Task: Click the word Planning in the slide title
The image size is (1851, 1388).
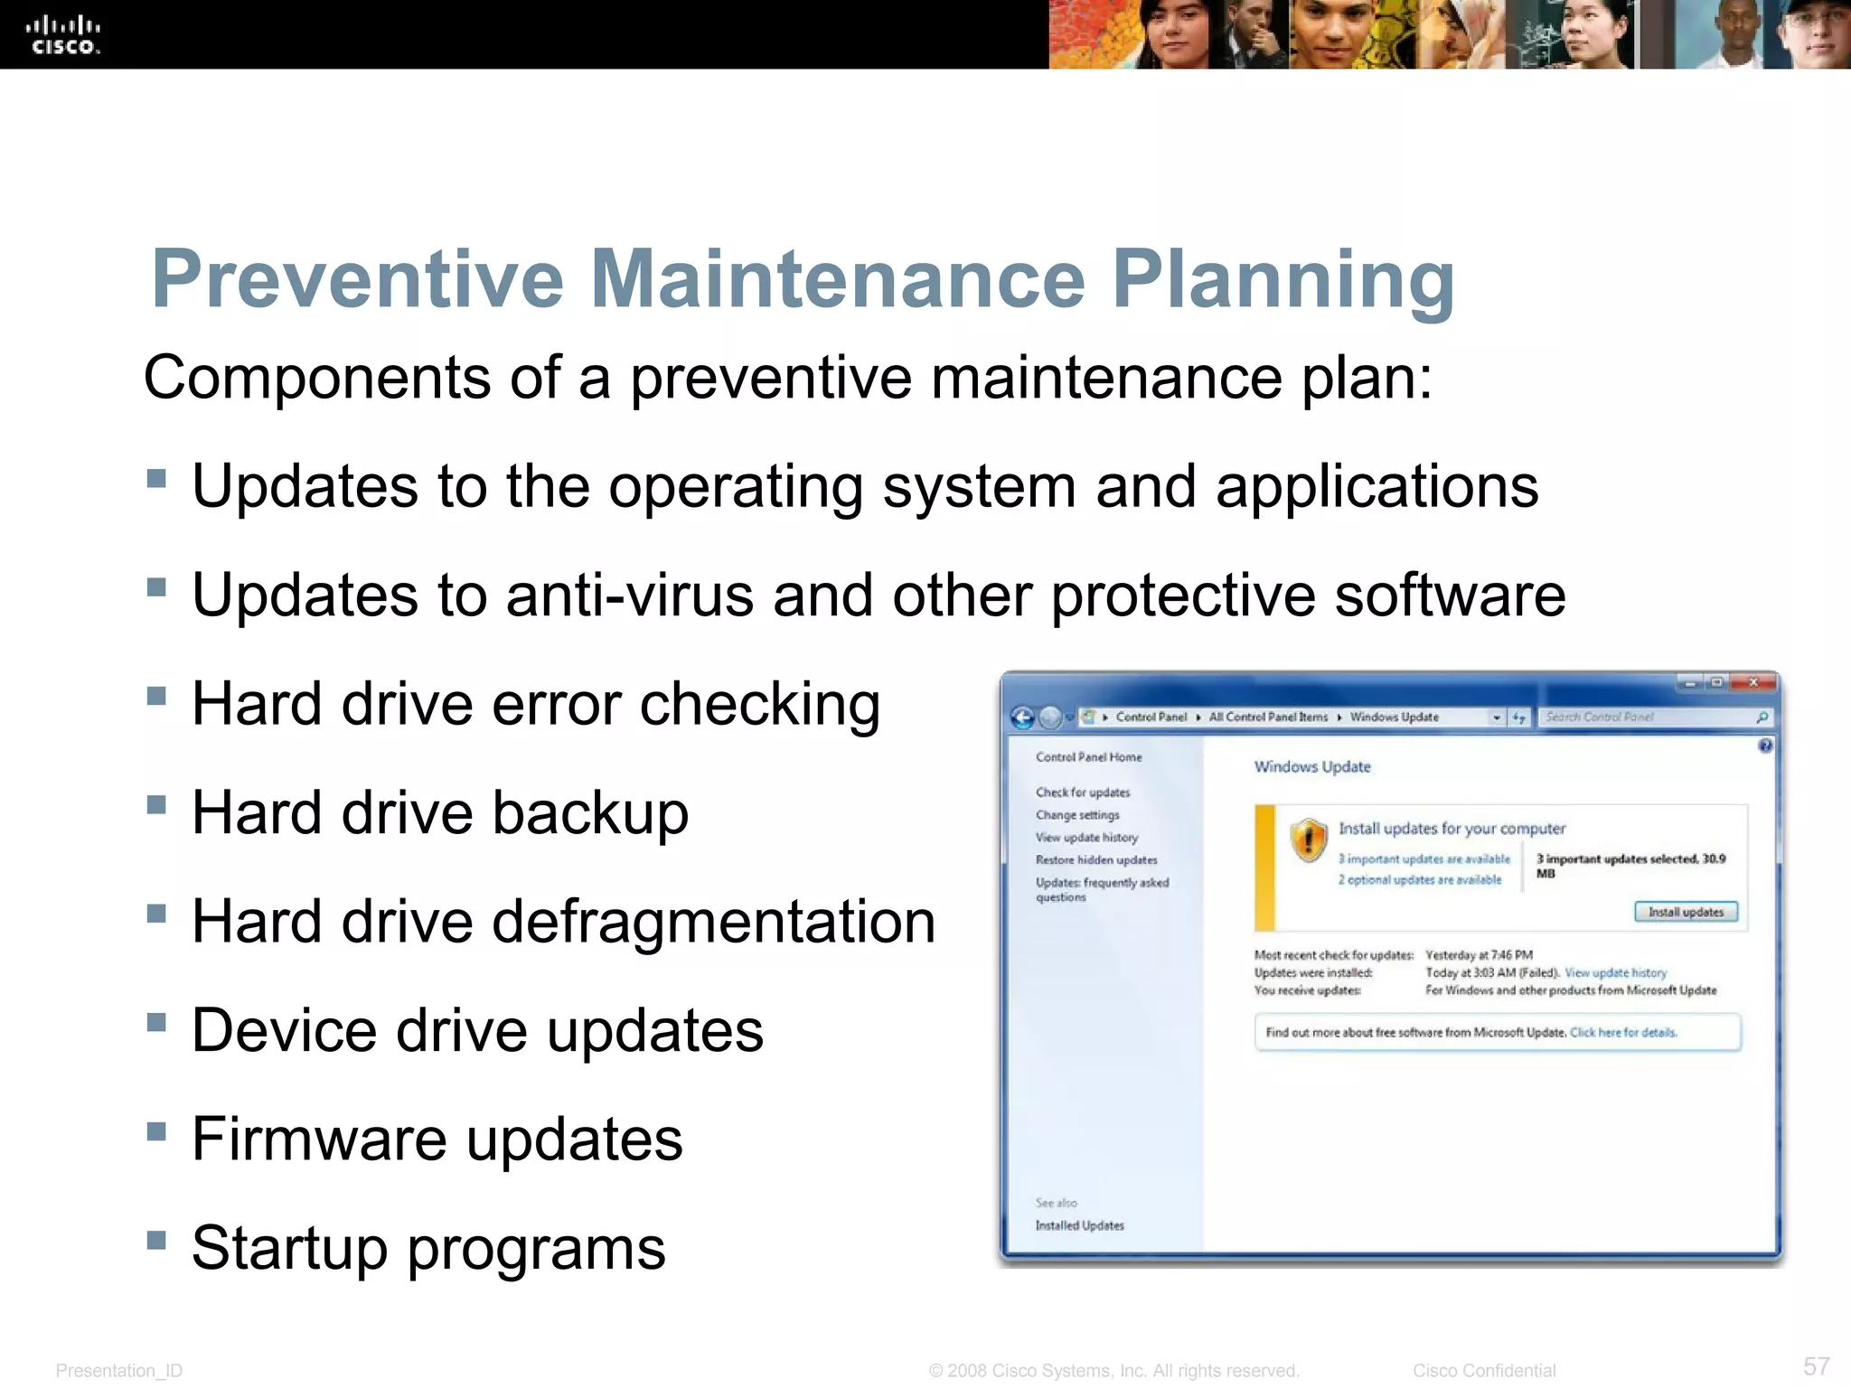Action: (x=1283, y=280)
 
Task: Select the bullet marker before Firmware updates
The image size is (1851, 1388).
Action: (x=156, y=1131)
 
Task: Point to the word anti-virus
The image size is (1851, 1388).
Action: (x=630, y=596)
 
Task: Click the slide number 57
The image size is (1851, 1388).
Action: (x=1816, y=1366)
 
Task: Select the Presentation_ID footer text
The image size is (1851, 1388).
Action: (x=118, y=1371)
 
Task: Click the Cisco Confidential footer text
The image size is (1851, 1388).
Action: (x=1484, y=1371)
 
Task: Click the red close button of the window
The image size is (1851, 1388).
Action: (x=1753, y=683)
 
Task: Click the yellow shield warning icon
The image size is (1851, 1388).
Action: (x=1308, y=840)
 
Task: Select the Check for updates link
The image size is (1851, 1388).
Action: (x=1083, y=792)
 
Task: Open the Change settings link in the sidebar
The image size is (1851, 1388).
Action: (x=1077, y=815)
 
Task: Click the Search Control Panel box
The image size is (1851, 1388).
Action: (x=1645, y=717)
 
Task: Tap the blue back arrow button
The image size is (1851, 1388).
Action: (x=1022, y=717)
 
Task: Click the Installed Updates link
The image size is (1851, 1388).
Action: (x=1080, y=1226)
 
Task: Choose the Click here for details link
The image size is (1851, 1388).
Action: (x=1623, y=1033)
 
